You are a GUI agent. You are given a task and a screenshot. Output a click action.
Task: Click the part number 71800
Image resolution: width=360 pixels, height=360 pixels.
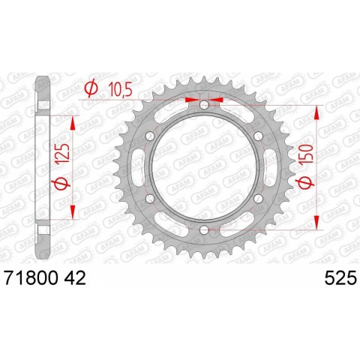pyautogui.click(x=31, y=278)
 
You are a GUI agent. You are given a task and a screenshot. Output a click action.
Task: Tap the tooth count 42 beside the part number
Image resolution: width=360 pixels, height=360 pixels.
pyautogui.click(x=75, y=278)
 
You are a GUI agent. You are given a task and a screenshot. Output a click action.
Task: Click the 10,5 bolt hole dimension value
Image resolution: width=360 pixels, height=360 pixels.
pyautogui.click(x=118, y=89)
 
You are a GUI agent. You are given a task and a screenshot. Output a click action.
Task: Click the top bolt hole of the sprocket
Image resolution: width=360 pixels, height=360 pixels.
pyautogui.click(x=203, y=105)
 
